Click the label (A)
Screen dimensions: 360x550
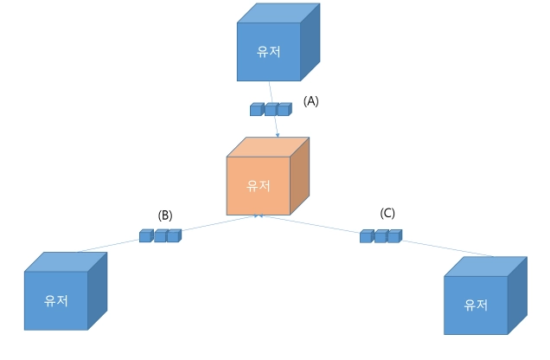point(311,101)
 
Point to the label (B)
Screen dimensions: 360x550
point(165,215)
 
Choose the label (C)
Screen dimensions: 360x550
point(387,213)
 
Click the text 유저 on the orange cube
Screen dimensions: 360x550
point(259,186)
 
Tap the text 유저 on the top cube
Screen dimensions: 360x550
point(269,52)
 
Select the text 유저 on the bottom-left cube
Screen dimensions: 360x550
point(56,300)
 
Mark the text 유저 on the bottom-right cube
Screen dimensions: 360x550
point(476,305)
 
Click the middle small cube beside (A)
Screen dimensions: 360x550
point(271,110)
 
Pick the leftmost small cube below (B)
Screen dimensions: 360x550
point(145,236)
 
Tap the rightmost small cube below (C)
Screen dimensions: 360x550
point(394,236)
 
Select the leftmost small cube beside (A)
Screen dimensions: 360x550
point(256,110)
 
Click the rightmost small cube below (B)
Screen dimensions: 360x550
point(174,236)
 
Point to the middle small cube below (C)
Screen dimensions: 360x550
point(381,236)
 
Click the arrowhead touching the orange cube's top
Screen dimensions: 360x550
point(278,134)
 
